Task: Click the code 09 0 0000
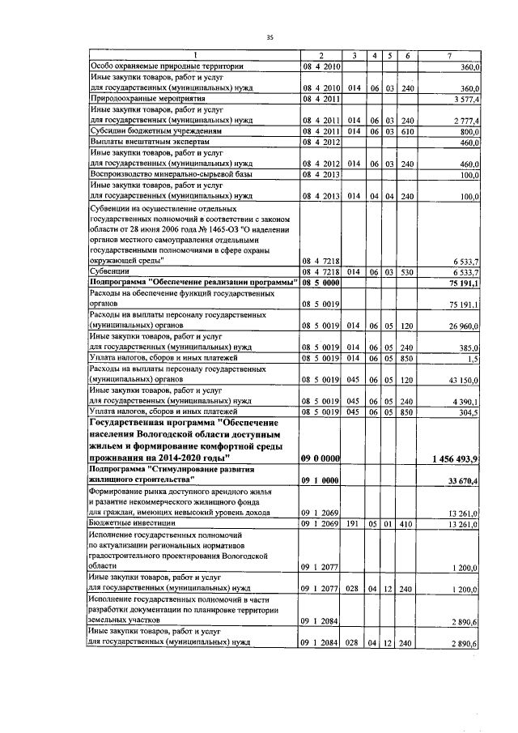point(320,459)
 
